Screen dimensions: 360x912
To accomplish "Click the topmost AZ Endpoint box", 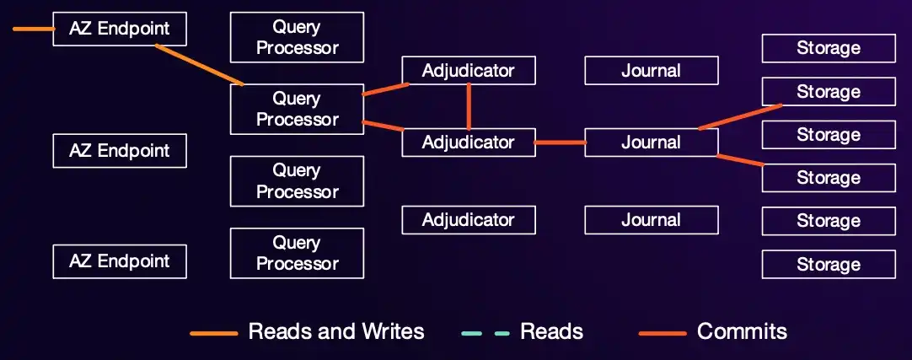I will tap(119, 29).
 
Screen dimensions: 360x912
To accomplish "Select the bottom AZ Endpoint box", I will tap(119, 261).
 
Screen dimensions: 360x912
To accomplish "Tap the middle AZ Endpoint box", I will tap(119, 150).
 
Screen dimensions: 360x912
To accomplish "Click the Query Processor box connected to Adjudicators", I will tap(297, 109).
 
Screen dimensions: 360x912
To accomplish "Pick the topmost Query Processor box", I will tap(297, 37).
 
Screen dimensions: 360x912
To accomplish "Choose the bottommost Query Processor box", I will tap(297, 253).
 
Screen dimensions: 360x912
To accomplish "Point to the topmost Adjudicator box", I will tap(468, 70).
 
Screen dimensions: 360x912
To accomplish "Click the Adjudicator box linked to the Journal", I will tap(468, 142).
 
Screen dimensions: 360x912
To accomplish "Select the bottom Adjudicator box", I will tap(468, 220).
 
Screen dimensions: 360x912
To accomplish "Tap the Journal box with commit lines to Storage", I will tap(651, 142).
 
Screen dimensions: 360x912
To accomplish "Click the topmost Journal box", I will tap(651, 70).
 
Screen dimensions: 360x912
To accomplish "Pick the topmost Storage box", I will tap(829, 48).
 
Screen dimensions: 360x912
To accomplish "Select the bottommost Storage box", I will tap(829, 264).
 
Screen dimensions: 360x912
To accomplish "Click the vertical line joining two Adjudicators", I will tap(468, 106).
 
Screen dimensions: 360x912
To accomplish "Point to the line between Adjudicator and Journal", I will tap(561, 142).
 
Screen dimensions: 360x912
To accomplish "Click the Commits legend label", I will tap(742, 331).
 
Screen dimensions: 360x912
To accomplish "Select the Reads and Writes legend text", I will tap(336, 331).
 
